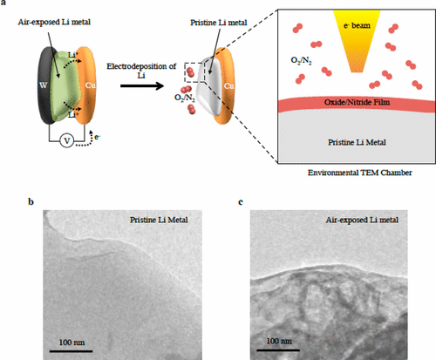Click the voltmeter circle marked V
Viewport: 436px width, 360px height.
tap(67, 141)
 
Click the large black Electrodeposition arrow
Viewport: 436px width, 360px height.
tap(142, 85)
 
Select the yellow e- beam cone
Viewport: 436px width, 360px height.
tap(357, 41)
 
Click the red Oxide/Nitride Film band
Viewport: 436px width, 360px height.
tap(357, 104)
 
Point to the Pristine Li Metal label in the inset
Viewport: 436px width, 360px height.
tap(357, 142)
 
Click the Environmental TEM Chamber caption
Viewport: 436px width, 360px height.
tap(360, 173)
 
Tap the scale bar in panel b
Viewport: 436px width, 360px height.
tap(71, 351)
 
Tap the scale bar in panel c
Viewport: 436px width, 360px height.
tap(278, 350)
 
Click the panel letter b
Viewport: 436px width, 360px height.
tap(31, 201)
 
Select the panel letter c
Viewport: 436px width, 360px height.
tap(241, 202)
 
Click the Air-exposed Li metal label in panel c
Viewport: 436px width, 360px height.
tap(362, 220)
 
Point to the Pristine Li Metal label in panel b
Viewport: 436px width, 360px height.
tap(159, 220)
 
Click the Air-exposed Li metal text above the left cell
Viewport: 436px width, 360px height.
tap(54, 22)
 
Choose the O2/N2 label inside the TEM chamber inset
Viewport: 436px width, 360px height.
tap(301, 60)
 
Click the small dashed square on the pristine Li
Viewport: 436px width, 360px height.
tap(194, 72)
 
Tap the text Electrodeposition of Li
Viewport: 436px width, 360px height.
tap(141, 71)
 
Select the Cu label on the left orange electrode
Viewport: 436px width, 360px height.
tap(90, 85)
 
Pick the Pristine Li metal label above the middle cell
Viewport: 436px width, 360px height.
tap(219, 23)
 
